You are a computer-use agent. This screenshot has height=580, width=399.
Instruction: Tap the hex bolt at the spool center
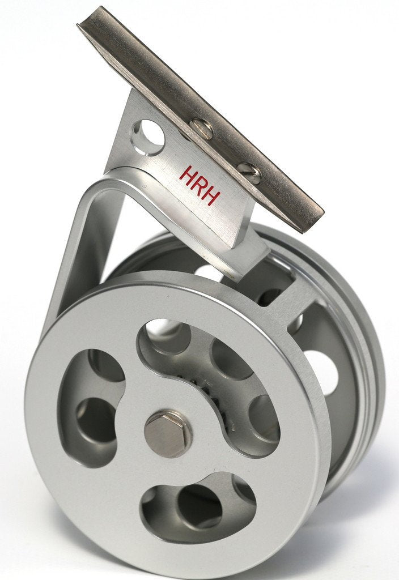(x=168, y=433)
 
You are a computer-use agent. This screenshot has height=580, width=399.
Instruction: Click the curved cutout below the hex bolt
(x=196, y=504)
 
